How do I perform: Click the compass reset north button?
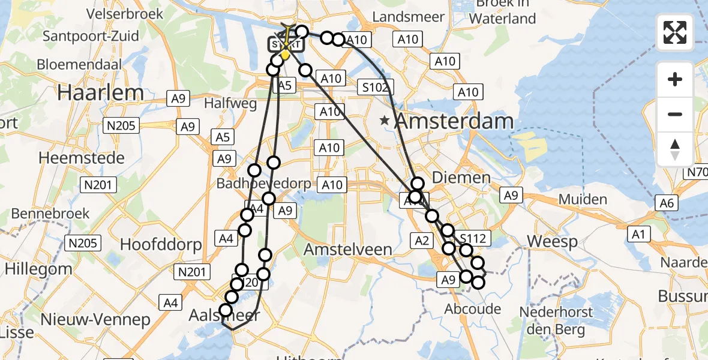675,149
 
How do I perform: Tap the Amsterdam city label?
455,122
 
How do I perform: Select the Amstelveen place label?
348,249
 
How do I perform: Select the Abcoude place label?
472,308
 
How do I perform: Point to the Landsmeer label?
409,17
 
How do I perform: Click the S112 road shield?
472,239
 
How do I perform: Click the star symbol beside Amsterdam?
385,121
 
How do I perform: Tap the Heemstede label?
82,158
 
